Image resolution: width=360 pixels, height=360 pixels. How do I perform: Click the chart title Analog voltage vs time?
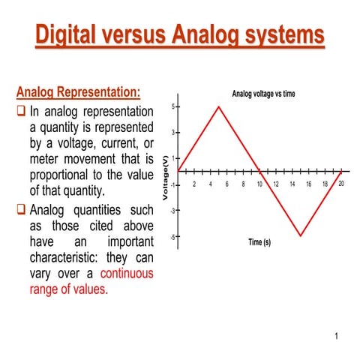click(x=259, y=94)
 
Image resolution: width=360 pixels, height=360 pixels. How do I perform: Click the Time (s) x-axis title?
click(x=264, y=241)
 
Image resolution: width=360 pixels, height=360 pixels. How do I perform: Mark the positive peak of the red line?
click(x=218, y=106)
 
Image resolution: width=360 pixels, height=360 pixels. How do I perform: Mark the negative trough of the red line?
click(x=301, y=235)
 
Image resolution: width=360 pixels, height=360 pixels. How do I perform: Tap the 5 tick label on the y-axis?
click(x=172, y=106)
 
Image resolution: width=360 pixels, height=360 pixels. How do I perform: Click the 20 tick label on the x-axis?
click(x=341, y=184)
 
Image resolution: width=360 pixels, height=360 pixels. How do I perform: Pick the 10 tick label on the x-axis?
click(x=259, y=184)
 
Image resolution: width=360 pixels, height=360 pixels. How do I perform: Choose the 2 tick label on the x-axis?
click(x=194, y=184)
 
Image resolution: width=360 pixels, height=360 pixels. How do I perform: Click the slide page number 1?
click(x=337, y=336)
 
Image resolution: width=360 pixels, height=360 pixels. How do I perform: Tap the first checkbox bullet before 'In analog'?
click(x=21, y=110)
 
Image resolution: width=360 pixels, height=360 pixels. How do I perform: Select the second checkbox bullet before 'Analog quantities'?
click(x=21, y=209)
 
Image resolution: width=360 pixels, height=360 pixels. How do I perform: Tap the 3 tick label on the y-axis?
click(x=172, y=133)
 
